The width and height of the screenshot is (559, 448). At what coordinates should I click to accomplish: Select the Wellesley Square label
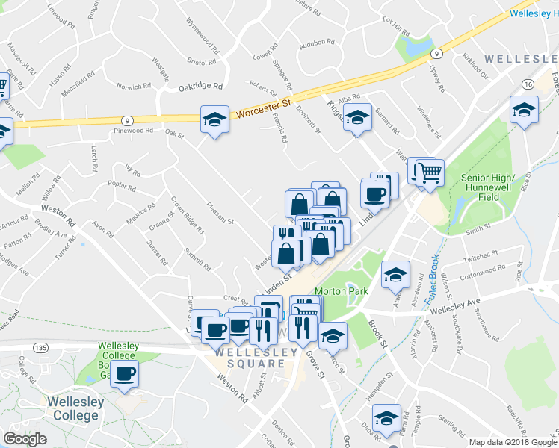coord(250,357)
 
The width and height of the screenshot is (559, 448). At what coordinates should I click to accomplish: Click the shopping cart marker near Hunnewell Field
coord(430,173)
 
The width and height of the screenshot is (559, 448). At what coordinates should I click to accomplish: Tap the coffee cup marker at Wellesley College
coord(126,373)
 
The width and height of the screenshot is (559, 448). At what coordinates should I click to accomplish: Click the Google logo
coord(25,438)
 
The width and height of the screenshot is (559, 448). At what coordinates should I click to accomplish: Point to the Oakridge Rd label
coord(201,87)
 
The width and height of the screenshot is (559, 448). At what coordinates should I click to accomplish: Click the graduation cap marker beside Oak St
coord(214,119)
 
